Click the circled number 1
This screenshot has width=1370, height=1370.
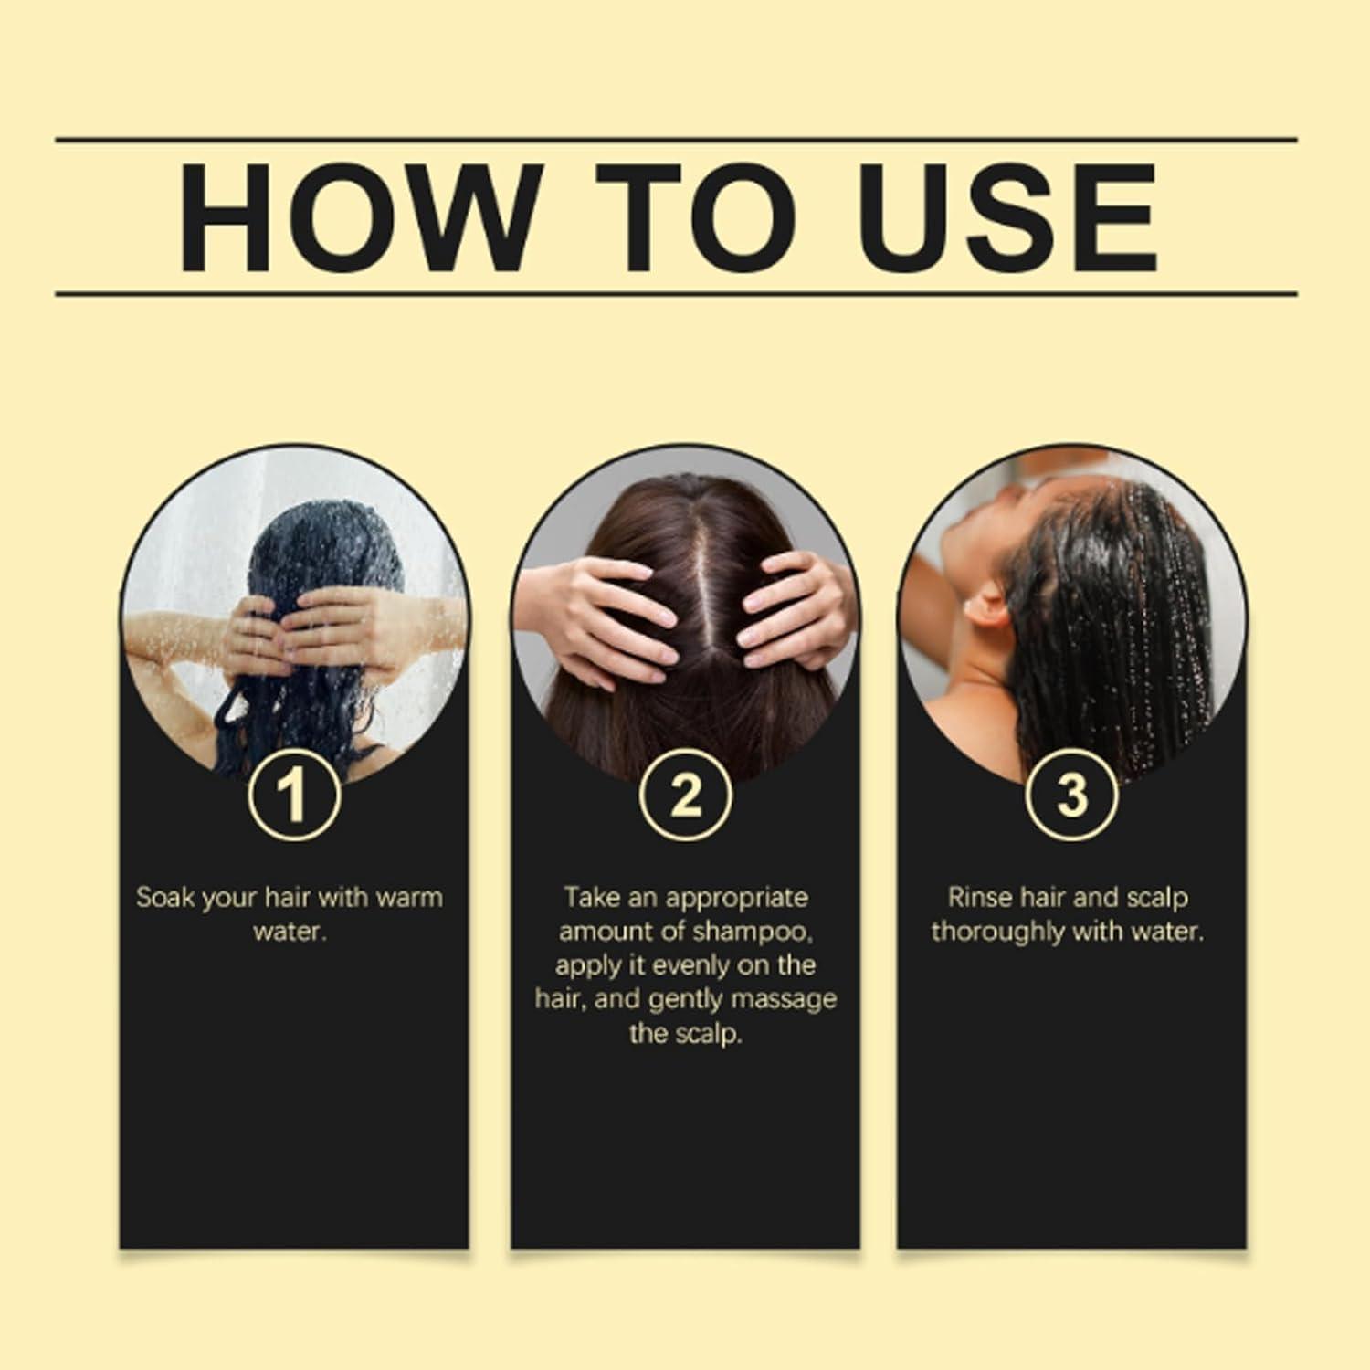(x=294, y=794)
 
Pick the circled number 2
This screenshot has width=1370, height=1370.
(x=685, y=794)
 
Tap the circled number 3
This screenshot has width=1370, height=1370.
(x=1072, y=794)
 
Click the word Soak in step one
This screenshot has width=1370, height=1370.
(x=164, y=897)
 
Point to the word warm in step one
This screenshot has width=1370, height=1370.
(x=407, y=897)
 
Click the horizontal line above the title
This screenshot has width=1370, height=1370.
(x=676, y=140)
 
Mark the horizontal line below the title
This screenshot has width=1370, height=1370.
(x=676, y=294)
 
